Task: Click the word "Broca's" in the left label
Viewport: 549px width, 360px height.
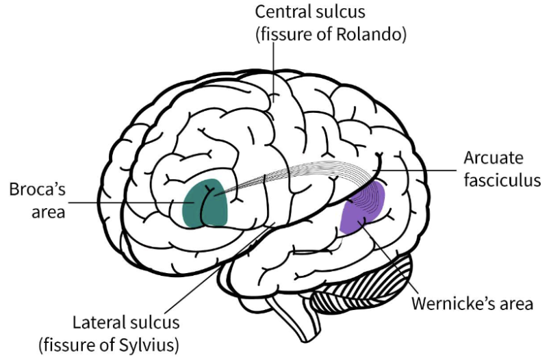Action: coord(36,189)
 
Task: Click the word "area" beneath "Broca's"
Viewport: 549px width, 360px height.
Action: coord(47,211)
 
